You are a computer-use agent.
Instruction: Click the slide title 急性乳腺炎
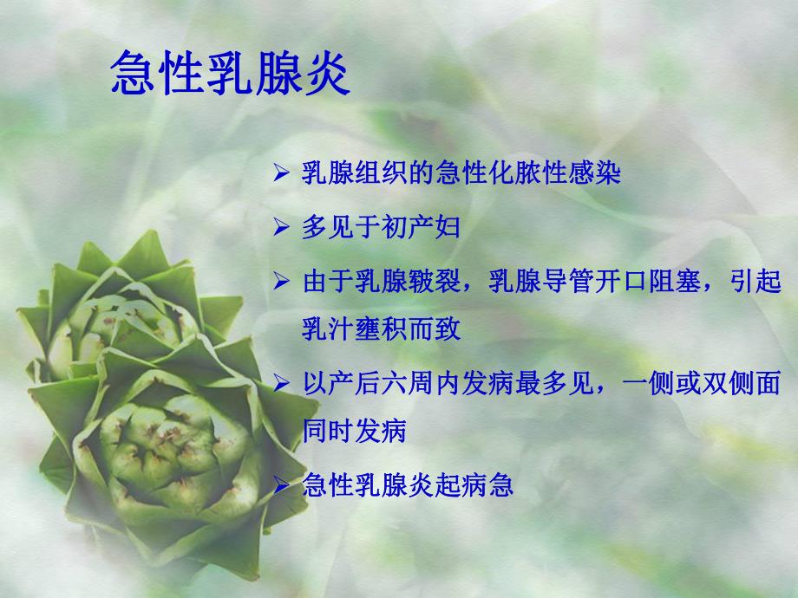[x=230, y=77]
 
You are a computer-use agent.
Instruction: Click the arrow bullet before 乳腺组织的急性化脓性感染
[x=280, y=173]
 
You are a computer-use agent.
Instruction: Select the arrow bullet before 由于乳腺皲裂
[x=280, y=283]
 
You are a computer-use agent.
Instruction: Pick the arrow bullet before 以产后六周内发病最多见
[x=280, y=382]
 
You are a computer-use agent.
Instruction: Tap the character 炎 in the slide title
[x=326, y=77]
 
